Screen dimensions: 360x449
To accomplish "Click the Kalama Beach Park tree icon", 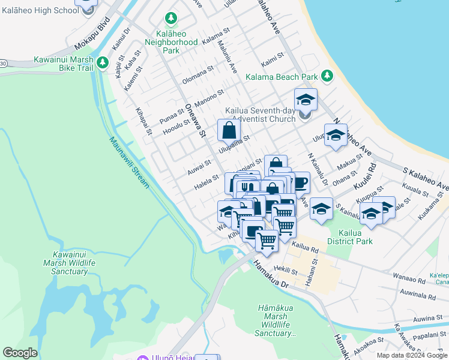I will pos(327,76).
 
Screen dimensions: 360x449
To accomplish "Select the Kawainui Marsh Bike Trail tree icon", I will pos(103,62).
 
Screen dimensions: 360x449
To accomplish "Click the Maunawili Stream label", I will pos(129,163).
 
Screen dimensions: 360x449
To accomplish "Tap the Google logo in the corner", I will pos(20,353).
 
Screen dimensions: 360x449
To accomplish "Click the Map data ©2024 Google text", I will pos(412,355).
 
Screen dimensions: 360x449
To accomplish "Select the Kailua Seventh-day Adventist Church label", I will pos(261,115).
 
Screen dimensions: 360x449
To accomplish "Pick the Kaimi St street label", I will pos(272,62).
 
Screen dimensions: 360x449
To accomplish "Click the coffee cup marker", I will pos(300,182).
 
